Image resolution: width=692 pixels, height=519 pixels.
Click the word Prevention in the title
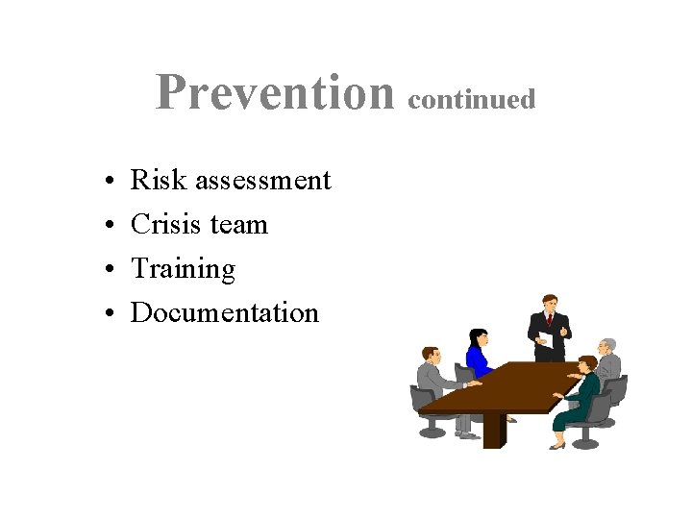[x=275, y=93]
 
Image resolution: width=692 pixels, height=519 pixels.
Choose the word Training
[x=183, y=270]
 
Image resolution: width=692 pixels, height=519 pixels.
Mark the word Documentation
[x=224, y=312]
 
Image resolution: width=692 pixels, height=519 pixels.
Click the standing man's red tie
[x=551, y=320]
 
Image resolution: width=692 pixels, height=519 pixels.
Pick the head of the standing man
[x=550, y=302]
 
